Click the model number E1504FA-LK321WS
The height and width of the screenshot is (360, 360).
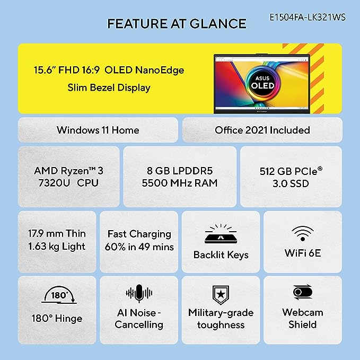tap(308, 17)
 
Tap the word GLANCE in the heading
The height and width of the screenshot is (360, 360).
tap(218, 24)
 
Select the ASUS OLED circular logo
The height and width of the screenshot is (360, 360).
tap(262, 82)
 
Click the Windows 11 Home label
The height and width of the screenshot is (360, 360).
tap(98, 130)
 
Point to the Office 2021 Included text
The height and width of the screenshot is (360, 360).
tap(262, 130)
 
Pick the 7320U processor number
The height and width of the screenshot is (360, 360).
tap(54, 183)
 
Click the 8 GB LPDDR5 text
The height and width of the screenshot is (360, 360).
tap(180, 171)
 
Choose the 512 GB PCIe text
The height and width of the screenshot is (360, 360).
tap(291, 171)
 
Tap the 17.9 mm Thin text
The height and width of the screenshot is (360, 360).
tap(57, 233)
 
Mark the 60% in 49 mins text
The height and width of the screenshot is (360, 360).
tap(139, 247)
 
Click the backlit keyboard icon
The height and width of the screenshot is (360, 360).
tap(221, 233)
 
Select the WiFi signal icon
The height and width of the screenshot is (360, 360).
tap(303, 233)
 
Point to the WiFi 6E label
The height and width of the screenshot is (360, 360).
tap(303, 253)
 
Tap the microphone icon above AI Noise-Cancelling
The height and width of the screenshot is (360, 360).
tap(139, 293)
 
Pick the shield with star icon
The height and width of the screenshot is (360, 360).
tap(221, 295)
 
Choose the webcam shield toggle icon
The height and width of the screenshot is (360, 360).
tap(303, 292)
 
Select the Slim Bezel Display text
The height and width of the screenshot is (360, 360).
tap(109, 87)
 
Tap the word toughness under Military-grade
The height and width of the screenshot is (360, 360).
tap(221, 325)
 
